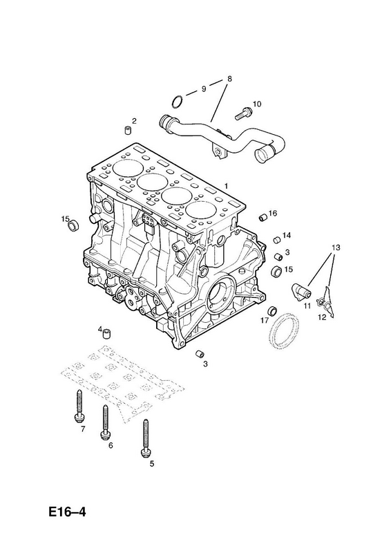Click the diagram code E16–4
67,512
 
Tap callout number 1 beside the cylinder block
227,186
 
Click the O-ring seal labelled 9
178,100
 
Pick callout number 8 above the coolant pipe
230,78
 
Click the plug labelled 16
263,218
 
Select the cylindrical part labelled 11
301,291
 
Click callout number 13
335,247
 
